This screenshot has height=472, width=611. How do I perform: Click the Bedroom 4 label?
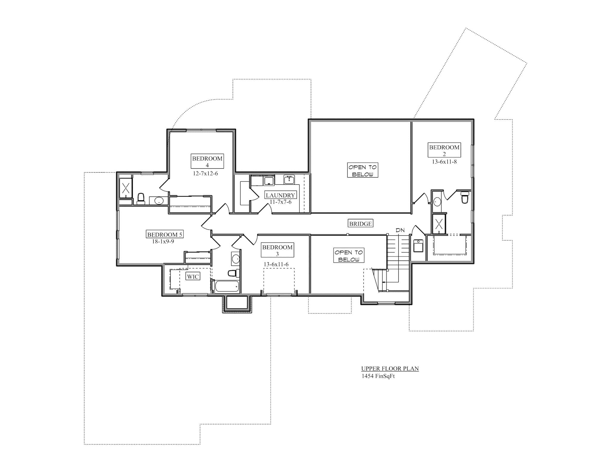tap(207, 161)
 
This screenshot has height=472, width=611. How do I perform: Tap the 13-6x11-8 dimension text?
tap(444, 162)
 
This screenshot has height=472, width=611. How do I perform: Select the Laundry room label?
tap(280, 195)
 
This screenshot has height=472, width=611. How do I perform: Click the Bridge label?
tap(360, 223)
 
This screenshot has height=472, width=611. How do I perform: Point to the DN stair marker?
tap(400, 230)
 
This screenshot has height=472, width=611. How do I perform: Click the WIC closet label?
tap(193, 277)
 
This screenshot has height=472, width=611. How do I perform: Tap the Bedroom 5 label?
tap(165, 234)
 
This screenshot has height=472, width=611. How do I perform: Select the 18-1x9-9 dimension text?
tap(163, 241)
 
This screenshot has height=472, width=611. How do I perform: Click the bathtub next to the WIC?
tap(227, 286)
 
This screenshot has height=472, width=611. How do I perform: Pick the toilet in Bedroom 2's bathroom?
tap(465, 197)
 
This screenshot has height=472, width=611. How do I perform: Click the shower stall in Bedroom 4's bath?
tap(126, 188)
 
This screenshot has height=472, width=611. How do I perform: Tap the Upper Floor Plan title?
tap(390, 368)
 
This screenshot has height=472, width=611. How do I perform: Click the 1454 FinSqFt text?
tap(378, 376)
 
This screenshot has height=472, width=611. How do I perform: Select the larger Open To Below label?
tap(362, 170)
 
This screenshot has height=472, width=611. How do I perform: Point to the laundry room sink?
tap(289, 180)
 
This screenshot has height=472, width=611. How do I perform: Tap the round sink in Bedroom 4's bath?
tap(158, 200)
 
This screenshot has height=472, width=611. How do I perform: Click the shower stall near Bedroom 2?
tap(439, 224)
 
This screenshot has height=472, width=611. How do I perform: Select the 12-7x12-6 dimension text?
tap(205, 173)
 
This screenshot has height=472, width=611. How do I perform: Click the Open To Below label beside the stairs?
tap(349, 256)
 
